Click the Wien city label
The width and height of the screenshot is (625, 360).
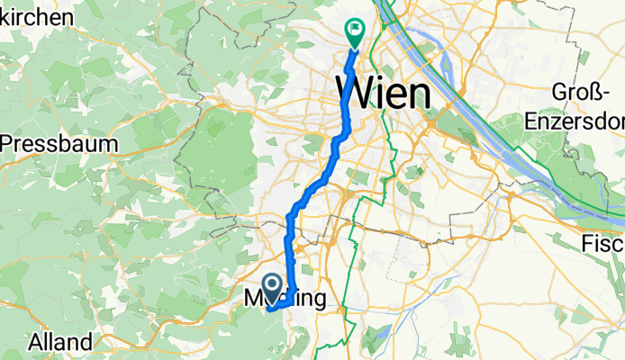382,92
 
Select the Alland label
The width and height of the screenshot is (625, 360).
59,341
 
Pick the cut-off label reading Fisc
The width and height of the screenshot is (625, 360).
602,243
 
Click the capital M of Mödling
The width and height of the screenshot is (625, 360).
255,297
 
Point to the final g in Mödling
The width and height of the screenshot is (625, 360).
315,300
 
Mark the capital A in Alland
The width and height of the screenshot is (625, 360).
35,341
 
